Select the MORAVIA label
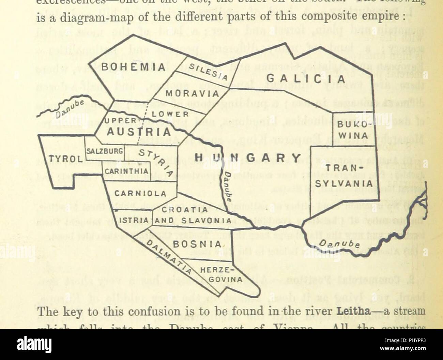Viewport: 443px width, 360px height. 192,93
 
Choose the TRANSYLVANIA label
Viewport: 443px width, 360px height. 343,176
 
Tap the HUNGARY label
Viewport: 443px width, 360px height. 248,157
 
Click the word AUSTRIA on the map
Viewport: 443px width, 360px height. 139,132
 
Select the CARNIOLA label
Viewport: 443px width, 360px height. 140,194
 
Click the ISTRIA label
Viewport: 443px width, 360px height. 133,221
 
